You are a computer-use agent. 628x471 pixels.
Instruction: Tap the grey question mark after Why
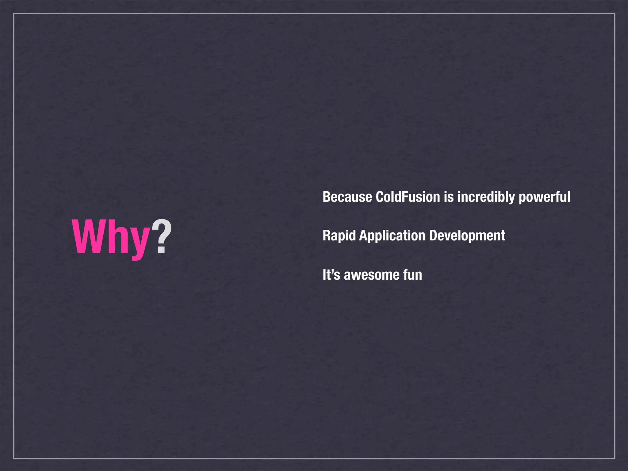pyautogui.click(x=162, y=236)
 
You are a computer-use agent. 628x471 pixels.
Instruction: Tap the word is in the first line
pyautogui.click(x=449, y=197)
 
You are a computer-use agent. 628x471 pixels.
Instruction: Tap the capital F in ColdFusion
pyautogui.click(x=404, y=197)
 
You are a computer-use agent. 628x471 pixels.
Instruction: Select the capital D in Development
pyautogui.click(x=433, y=236)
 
